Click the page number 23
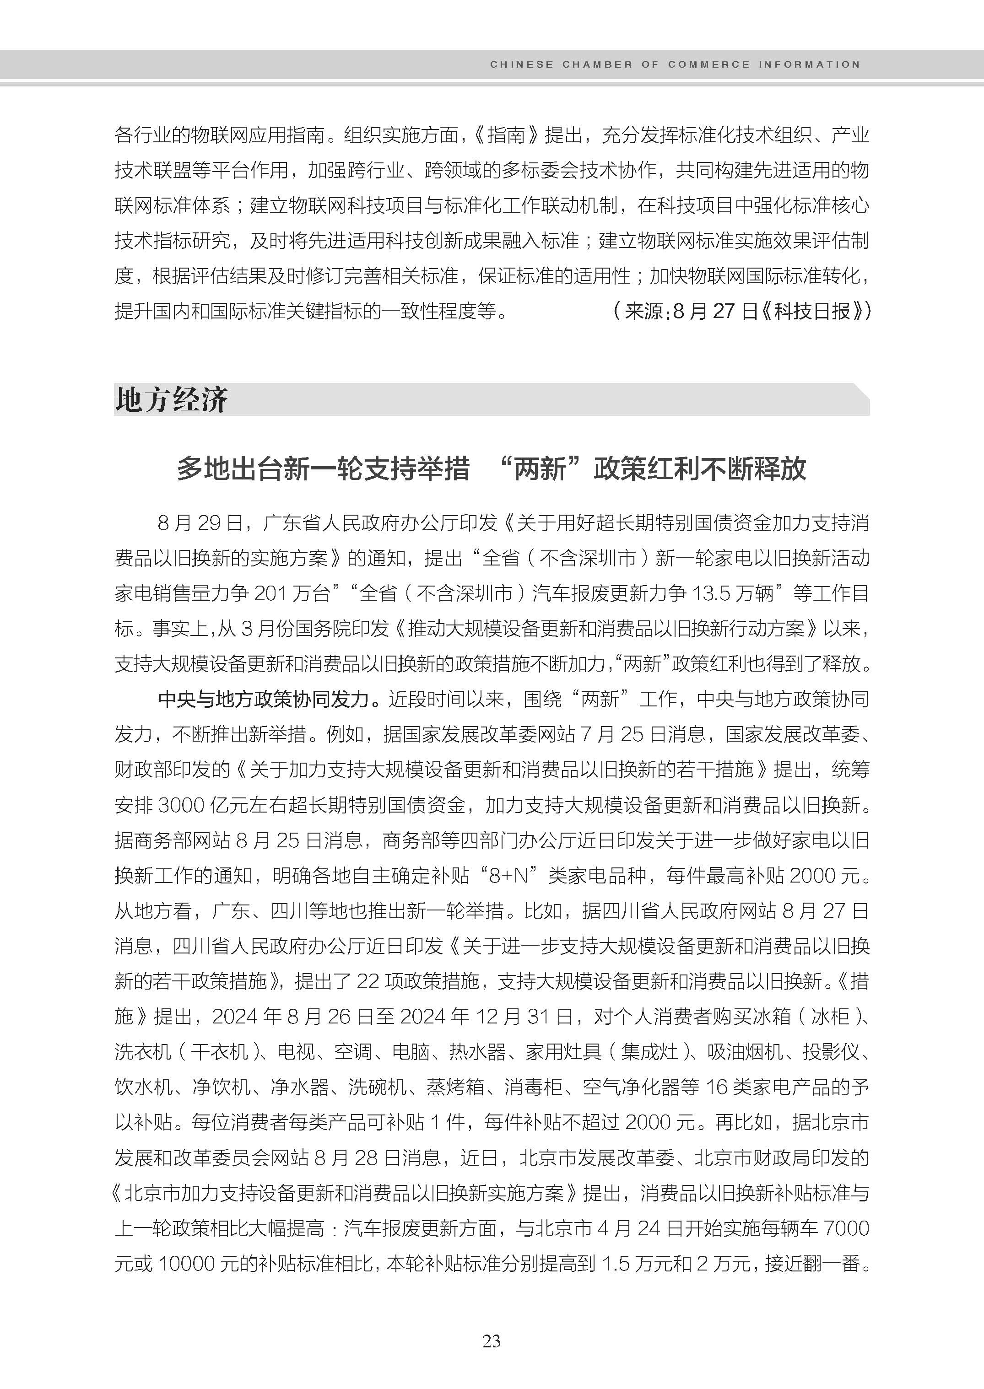point(492,1341)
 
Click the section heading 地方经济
point(172,400)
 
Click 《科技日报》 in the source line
point(813,312)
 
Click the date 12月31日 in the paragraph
point(524,1017)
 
